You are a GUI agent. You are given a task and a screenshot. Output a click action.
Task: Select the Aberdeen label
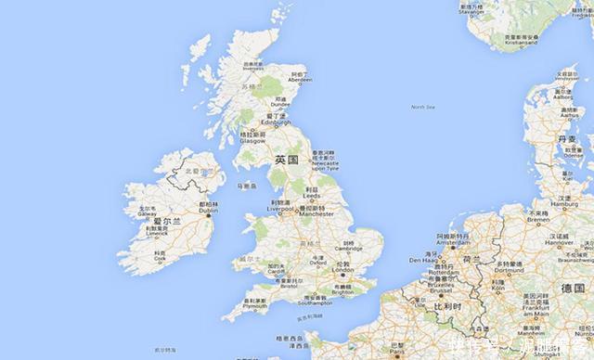(x=299, y=78)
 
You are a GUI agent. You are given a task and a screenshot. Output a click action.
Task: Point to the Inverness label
(x=252, y=68)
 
